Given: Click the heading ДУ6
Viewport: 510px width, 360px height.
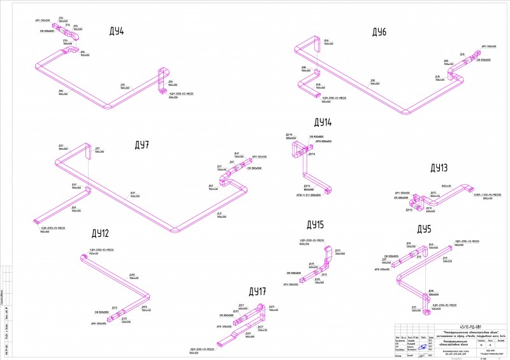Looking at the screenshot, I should tap(379, 31).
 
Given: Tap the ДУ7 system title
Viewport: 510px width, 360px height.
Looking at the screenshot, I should tap(141, 145).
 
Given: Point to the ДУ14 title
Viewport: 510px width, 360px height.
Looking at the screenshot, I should tap(323, 122).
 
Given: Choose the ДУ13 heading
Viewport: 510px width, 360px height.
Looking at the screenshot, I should tap(439, 168).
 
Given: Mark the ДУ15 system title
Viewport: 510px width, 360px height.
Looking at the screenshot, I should tap(316, 225).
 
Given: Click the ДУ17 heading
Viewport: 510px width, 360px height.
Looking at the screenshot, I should tap(257, 292).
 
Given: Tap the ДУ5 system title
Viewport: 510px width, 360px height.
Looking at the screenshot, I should tap(425, 229).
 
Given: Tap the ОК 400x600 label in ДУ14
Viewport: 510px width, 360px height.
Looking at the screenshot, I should tap(316, 137).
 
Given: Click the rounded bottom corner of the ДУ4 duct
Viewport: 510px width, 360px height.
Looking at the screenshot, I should tap(108, 107).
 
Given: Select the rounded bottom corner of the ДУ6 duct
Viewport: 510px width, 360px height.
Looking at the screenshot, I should tap(406, 116).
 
